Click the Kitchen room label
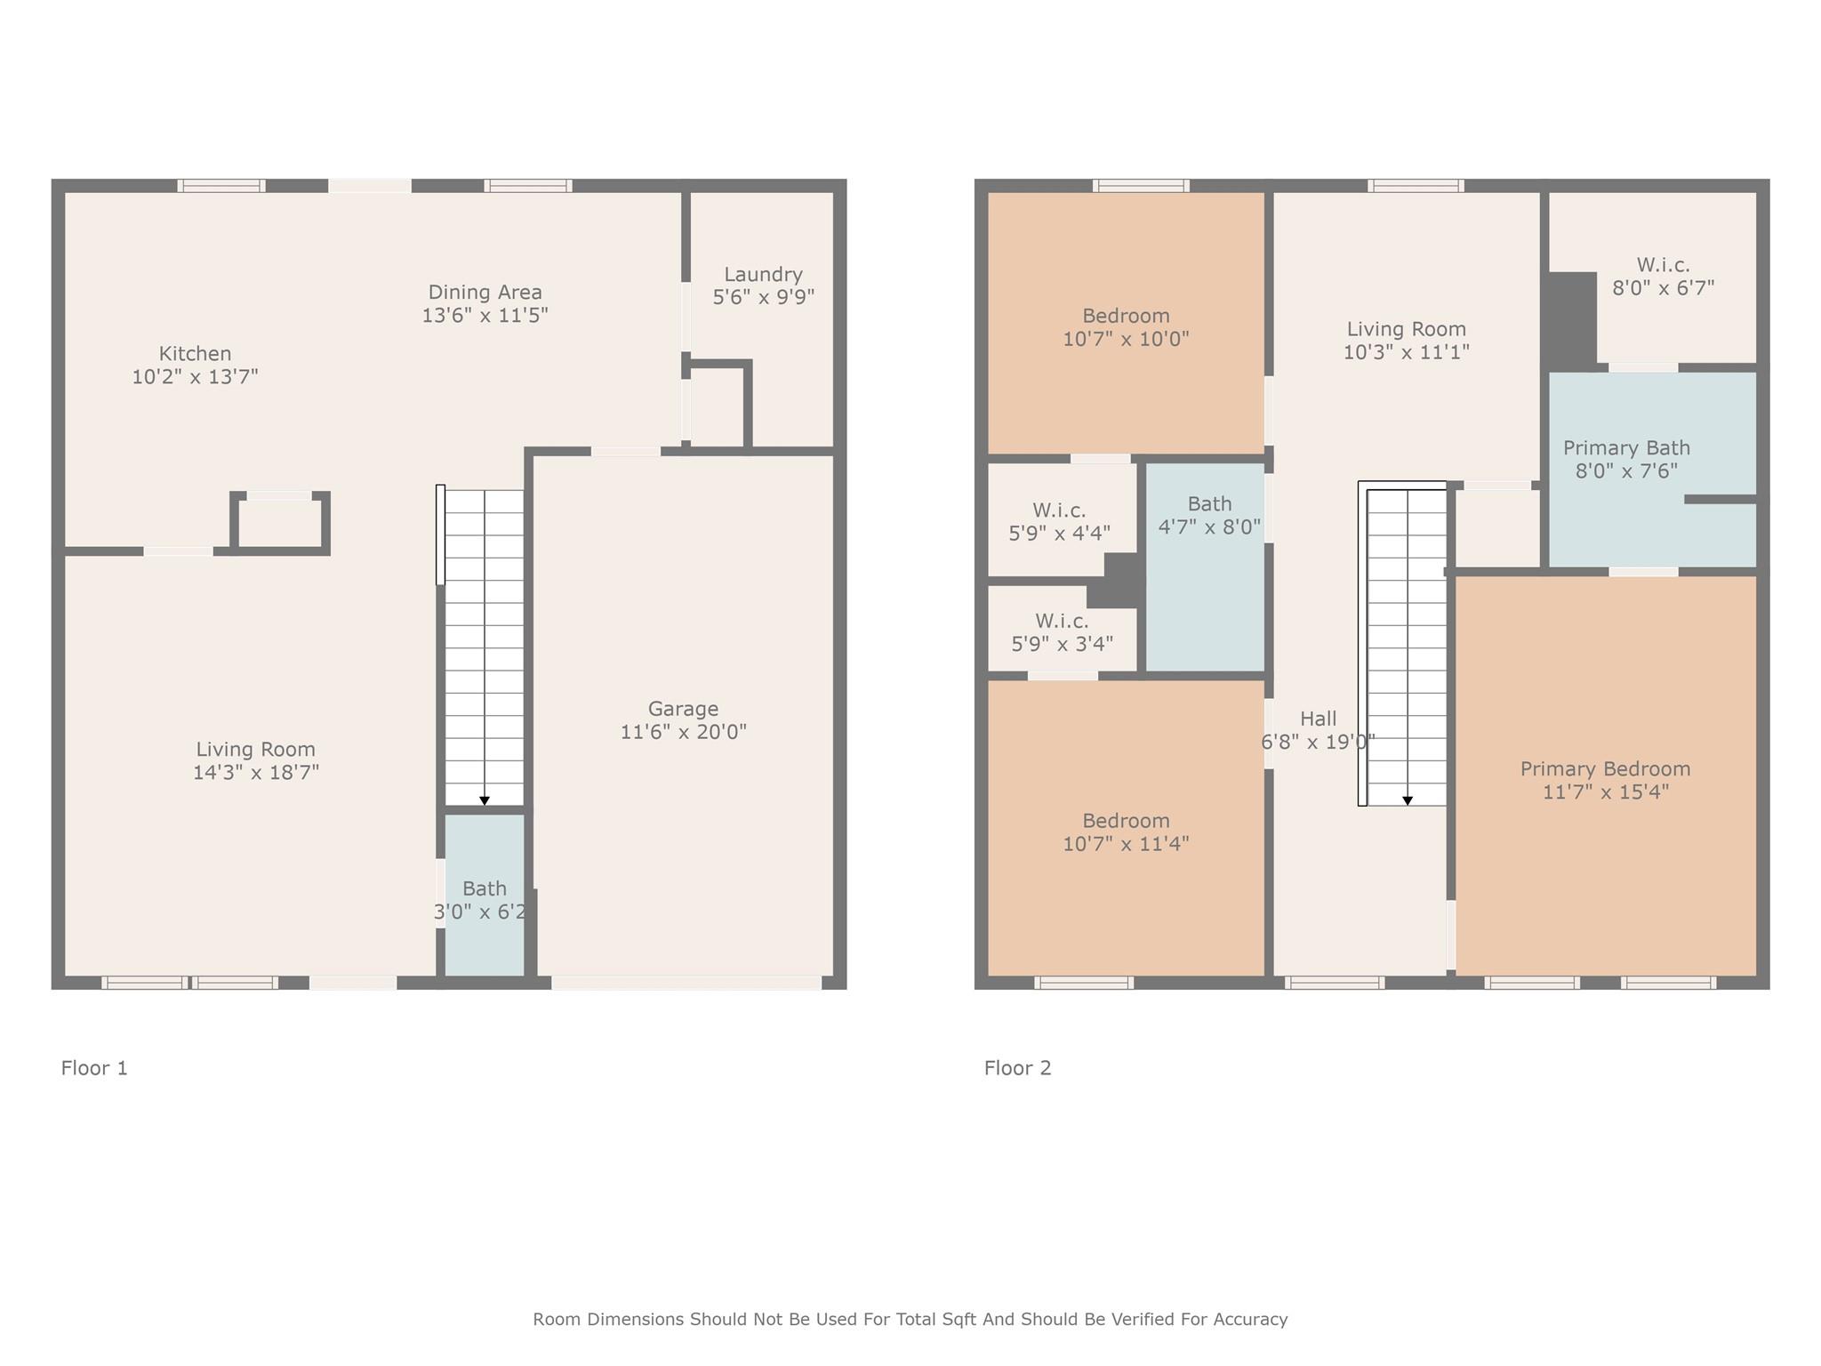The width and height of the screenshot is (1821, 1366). [x=195, y=354]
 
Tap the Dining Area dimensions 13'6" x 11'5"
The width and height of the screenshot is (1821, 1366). [x=485, y=315]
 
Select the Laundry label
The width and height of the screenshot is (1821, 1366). [x=763, y=274]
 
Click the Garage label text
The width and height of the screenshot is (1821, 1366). [x=683, y=709]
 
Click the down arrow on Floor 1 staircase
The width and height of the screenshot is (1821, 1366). [x=485, y=800]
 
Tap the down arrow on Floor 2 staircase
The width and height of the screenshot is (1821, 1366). [x=1408, y=800]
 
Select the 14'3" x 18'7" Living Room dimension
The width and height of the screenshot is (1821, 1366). [x=256, y=772]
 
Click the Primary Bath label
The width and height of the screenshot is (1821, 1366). [x=1626, y=448]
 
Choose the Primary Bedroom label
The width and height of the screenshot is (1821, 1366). [x=1605, y=768]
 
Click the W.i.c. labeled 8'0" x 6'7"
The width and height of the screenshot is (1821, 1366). [x=1663, y=277]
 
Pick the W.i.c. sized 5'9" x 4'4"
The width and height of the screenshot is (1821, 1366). [x=1059, y=522]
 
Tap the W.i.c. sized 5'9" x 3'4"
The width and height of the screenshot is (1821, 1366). [x=1062, y=632]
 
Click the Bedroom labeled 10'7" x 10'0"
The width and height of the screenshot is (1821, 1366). [x=1126, y=326]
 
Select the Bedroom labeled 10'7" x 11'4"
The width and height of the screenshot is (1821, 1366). [x=1126, y=832]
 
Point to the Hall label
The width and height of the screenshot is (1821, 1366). [x=1318, y=719]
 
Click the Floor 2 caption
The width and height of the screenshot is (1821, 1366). [x=1017, y=1068]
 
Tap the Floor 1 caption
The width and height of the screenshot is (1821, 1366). [x=94, y=1068]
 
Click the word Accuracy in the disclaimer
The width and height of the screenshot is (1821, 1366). [x=1251, y=1319]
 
